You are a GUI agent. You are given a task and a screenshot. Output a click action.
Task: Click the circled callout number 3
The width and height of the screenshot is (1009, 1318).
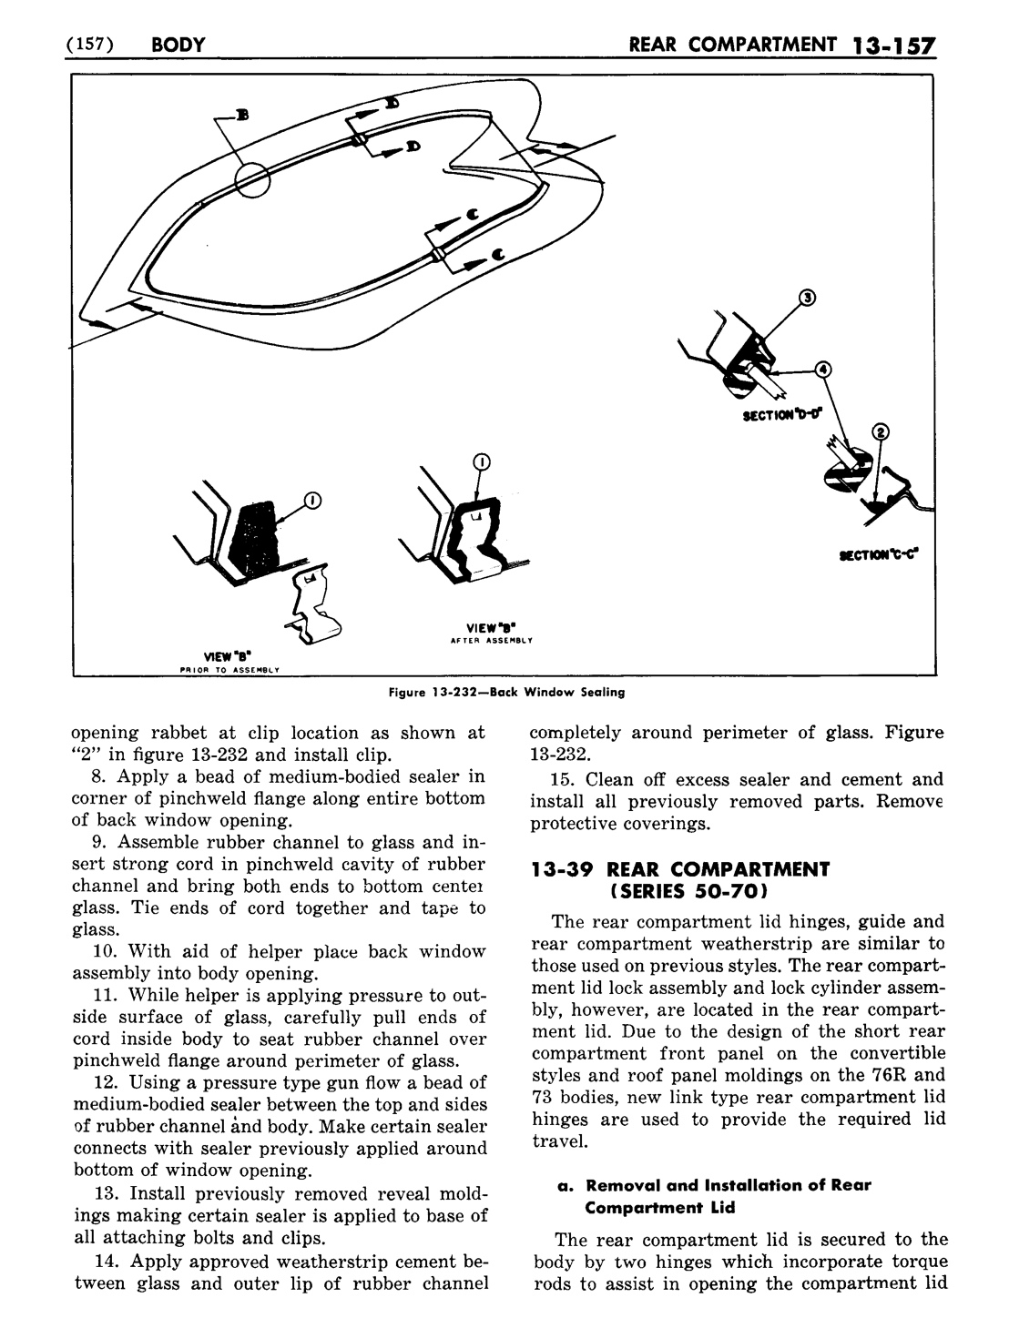pyautogui.click(x=805, y=296)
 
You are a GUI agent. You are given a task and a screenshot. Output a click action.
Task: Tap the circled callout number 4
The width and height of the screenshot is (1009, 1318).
pyautogui.click(x=822, y=369)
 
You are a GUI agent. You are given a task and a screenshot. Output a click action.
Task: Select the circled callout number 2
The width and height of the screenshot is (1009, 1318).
pyautogui.click(x=880, y=431)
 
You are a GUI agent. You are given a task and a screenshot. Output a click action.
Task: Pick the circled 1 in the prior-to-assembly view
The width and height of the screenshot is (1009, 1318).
pyautogui.click(x=311, y=499)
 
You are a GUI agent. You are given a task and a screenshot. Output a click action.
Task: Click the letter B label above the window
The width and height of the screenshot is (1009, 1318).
pyautogui.click(x=242, y=116)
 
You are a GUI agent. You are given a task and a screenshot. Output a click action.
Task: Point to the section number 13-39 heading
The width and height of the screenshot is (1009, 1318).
pyautogui.click(x=561, y=868)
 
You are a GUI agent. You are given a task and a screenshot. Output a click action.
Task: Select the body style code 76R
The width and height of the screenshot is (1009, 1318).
pyautogui.click(x=882, y=1075)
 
